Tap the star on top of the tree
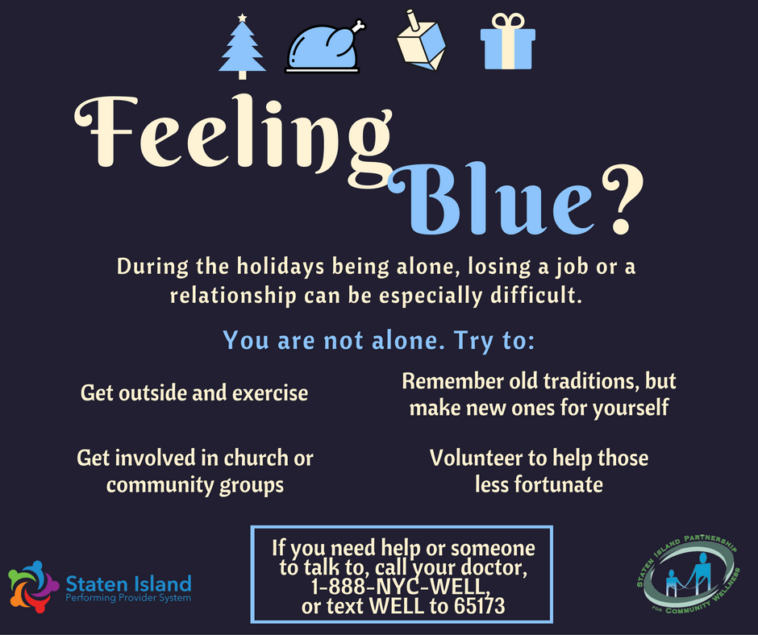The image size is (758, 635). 242,19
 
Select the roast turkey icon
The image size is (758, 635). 324,47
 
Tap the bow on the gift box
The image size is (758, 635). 507,21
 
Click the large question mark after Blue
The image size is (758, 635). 623,199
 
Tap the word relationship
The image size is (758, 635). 233,296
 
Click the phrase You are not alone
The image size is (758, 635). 334,340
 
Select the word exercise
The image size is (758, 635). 270,393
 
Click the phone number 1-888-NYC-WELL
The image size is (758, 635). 401,587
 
